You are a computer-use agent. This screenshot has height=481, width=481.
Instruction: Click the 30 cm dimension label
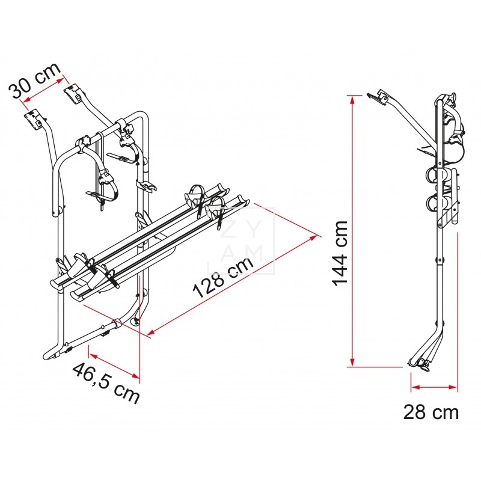(34, 81)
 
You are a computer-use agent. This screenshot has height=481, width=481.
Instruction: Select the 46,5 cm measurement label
(106, 383)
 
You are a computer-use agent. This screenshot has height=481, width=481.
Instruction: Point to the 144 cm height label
(340, 254)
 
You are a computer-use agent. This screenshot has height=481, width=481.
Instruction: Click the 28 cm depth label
(431, 412)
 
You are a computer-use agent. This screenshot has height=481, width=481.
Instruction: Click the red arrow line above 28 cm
(434, 387)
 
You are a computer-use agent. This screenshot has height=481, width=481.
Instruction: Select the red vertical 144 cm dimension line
(353, 231)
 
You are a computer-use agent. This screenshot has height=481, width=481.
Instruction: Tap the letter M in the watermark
(254, 253)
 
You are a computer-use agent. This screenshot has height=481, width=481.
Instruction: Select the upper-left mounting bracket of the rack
(34, 119)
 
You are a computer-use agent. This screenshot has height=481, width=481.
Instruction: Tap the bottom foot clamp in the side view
(418, 364)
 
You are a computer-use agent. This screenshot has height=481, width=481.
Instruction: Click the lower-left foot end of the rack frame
(49, 355)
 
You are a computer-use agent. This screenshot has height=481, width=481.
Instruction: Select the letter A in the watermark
(227, 253)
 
